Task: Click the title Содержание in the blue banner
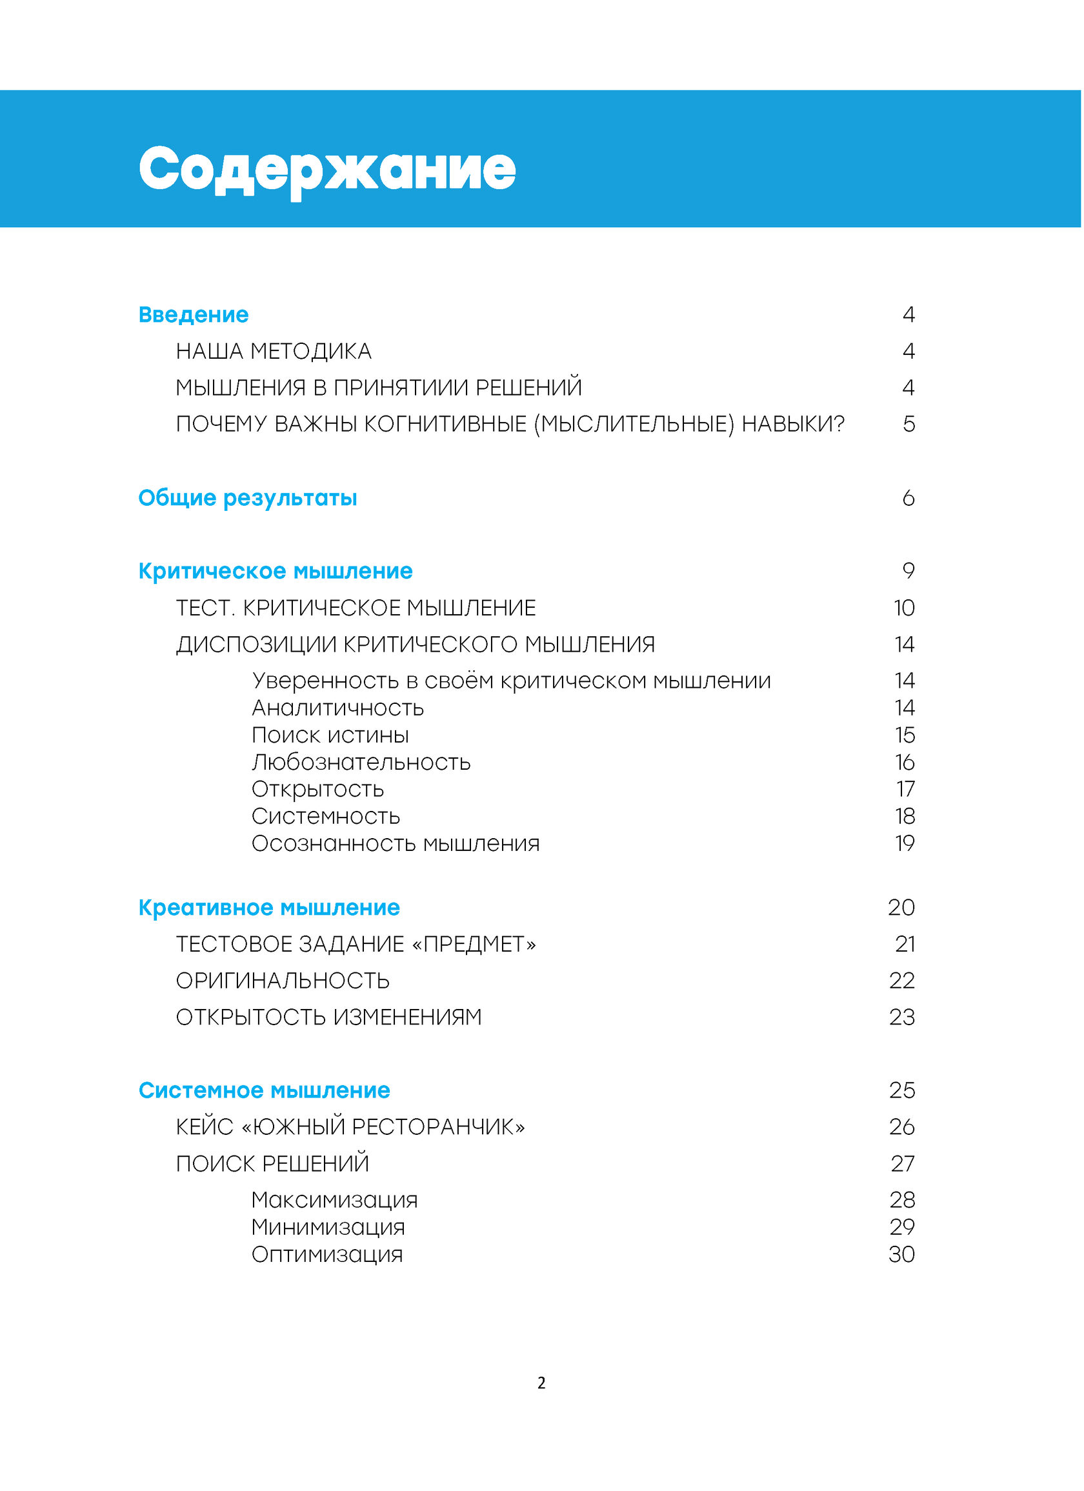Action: (326, 169)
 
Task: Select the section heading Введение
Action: (194, 315)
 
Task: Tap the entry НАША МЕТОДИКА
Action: (274, 352)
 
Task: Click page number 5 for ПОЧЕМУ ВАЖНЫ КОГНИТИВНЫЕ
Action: (908, 424)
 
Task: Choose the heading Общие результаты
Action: (247, 497)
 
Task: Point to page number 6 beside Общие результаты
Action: (908, 497)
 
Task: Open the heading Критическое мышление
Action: (276, 570)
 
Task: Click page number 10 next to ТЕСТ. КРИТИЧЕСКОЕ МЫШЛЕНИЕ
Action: (905, 608)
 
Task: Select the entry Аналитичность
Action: (338, 708)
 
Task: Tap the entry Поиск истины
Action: (330, 735)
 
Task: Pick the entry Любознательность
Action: (361, 763)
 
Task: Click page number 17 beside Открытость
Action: (905, 789)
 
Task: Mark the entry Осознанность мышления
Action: (396, 843)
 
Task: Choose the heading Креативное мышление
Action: (269, 908)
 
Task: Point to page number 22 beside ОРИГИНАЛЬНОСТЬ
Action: (902, 981)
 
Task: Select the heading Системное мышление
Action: (265, 1090)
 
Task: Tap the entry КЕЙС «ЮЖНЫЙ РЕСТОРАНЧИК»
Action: (350, 1128)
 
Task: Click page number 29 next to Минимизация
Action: (902, 1227)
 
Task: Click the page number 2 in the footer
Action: (541, 1383)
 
